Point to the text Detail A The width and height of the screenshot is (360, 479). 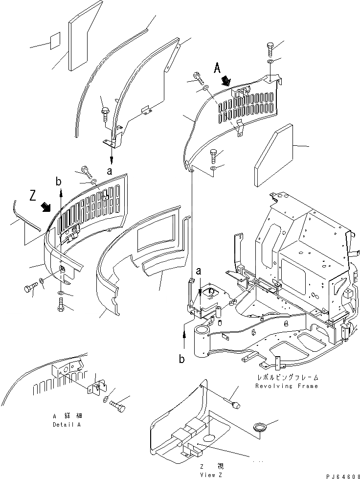[x=67, y=425]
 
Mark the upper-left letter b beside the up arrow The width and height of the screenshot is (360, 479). [x=59, y=182]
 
